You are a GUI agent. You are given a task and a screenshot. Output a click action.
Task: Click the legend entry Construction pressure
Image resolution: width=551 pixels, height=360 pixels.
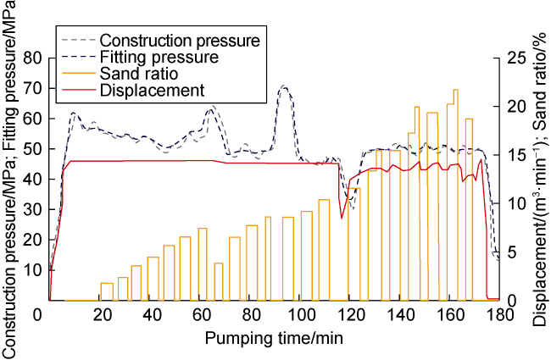[x=179, y=40]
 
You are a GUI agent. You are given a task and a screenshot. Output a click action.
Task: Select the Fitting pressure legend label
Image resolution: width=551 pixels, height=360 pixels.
[x=159, y=57]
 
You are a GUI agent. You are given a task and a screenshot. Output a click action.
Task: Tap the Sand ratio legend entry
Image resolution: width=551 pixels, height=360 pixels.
[x=136, y=73]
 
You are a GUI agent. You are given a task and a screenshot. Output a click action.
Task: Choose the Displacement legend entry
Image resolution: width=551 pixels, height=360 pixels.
[x=151, y=89]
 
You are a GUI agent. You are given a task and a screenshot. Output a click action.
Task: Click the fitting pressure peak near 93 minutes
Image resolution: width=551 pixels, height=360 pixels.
[x=285, y=86]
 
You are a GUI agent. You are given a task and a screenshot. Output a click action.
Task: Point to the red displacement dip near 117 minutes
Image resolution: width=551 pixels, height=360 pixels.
[x=342, y=218]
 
